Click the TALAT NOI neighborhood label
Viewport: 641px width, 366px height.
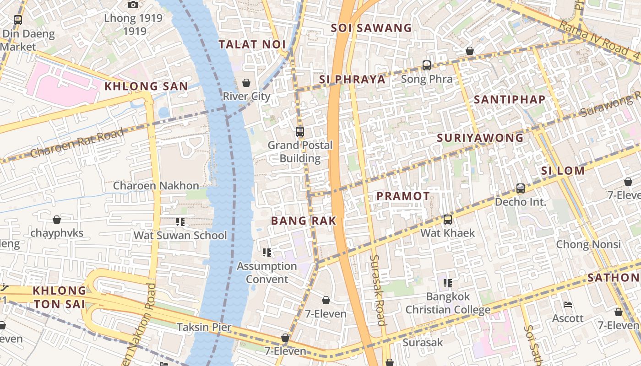click(x=252, y=44)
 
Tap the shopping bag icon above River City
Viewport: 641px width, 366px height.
click(x=246, y=83)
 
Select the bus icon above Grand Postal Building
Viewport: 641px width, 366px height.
click(x=300, y=132)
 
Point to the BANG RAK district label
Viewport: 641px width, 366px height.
click(x=304, y=221)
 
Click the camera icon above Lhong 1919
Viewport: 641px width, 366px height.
click(x=133, y=5)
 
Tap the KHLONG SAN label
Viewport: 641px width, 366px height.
click(x=146, y=86)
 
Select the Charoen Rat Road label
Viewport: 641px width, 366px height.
click(x=76, y=143)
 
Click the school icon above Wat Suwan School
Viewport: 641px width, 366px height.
click(x=180, y=222)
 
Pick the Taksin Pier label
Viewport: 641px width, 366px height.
click(x=204, y=327)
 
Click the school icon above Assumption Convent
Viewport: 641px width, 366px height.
click(x=267, y=253)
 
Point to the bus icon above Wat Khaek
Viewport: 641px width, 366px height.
click(x=448, y=220)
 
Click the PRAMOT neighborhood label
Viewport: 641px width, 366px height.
click(x=403, y=196)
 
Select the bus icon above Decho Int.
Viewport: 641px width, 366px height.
click(x=520, y=188)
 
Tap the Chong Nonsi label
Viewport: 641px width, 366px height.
click(x=588, y=244)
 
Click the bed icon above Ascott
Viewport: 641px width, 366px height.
click(x=568, y=305)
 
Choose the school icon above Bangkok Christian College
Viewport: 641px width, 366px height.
click(x=448, y=283)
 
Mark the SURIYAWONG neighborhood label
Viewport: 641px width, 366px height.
click(x=480, y=138)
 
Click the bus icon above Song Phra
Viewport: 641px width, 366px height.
click(x=427, y=65)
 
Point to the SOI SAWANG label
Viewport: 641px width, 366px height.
click(x=371, y=28)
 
